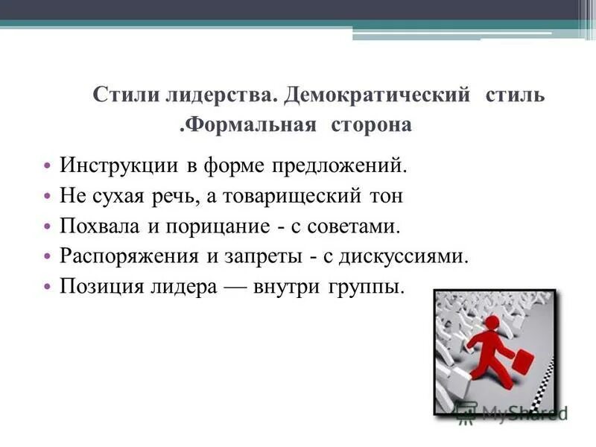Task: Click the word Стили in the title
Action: (x=118, y=96)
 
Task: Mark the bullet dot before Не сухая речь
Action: (x=46, y=196)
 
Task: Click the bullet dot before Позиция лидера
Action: (x=46, y=287)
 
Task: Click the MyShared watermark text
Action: (x=521, y=412)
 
